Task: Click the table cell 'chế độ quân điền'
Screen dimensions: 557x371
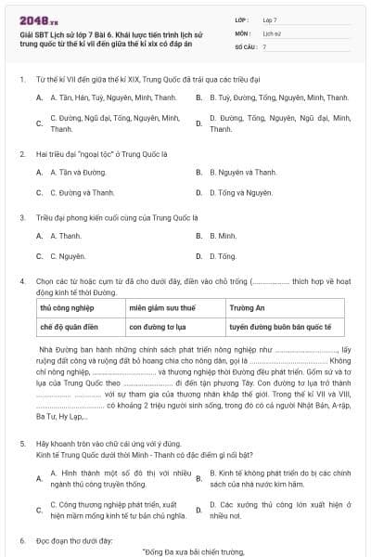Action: [67, 327]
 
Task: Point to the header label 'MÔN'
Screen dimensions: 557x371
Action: [245, 32]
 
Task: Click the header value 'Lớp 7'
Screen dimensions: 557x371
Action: [270, 19]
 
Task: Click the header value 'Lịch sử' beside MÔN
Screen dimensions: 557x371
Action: [272, 32]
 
